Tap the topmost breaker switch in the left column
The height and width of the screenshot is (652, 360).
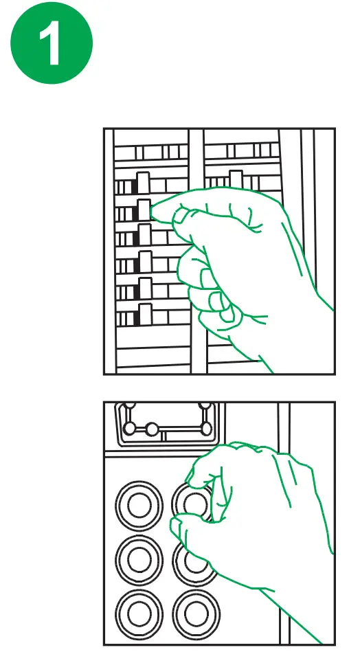click(x=143, y=183)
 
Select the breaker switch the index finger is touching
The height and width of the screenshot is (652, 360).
click(x=144, y=210)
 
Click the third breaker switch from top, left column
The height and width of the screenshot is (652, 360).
click(x=144, y=235)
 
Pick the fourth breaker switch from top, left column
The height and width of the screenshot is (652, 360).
click(x=145, y=262)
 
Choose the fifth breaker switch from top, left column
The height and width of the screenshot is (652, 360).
click(x=146, y=288)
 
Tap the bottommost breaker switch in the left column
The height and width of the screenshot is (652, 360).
click(x=145, y=315)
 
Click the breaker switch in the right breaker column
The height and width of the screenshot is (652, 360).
click(x=236, y=179)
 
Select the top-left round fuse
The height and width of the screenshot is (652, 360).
click(x=139, y=506)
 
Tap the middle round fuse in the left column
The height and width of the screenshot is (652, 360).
click(x=139, y=560)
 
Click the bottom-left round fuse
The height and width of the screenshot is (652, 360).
click(x=139, y=614)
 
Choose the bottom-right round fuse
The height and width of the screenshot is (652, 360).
click(x=196, y=614)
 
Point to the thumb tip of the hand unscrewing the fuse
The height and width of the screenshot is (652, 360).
click(x=177, y=525)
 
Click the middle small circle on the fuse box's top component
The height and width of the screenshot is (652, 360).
click(x=152, y=429)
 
